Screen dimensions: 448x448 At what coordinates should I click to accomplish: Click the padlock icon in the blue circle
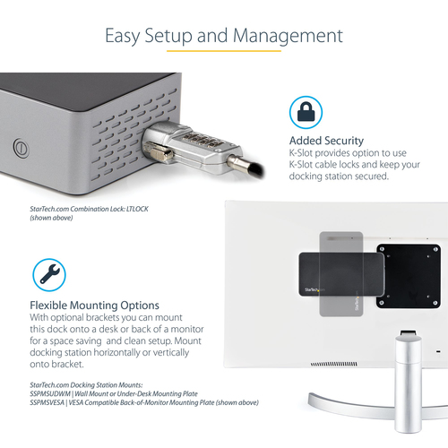306,112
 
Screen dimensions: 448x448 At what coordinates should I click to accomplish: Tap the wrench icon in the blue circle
49,274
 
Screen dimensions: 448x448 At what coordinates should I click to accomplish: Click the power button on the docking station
22,148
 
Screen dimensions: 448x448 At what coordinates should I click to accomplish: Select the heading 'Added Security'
326,141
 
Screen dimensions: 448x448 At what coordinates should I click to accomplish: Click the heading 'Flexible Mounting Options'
94,306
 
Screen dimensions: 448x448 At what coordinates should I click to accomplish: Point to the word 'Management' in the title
288,36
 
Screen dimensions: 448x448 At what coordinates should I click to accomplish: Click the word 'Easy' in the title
123,36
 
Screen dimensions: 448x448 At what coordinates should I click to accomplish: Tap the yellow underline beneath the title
224,51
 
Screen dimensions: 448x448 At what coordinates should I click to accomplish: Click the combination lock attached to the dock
191,147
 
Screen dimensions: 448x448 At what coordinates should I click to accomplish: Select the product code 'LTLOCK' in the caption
137,209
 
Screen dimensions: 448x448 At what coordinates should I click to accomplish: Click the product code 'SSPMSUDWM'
50,393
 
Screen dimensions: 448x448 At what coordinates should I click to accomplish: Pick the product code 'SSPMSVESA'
47,402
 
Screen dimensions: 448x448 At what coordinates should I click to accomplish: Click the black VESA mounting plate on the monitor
409,276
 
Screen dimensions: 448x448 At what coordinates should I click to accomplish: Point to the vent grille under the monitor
333,364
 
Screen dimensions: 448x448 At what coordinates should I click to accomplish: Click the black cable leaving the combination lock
254,169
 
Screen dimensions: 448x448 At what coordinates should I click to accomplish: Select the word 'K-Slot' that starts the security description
301,153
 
